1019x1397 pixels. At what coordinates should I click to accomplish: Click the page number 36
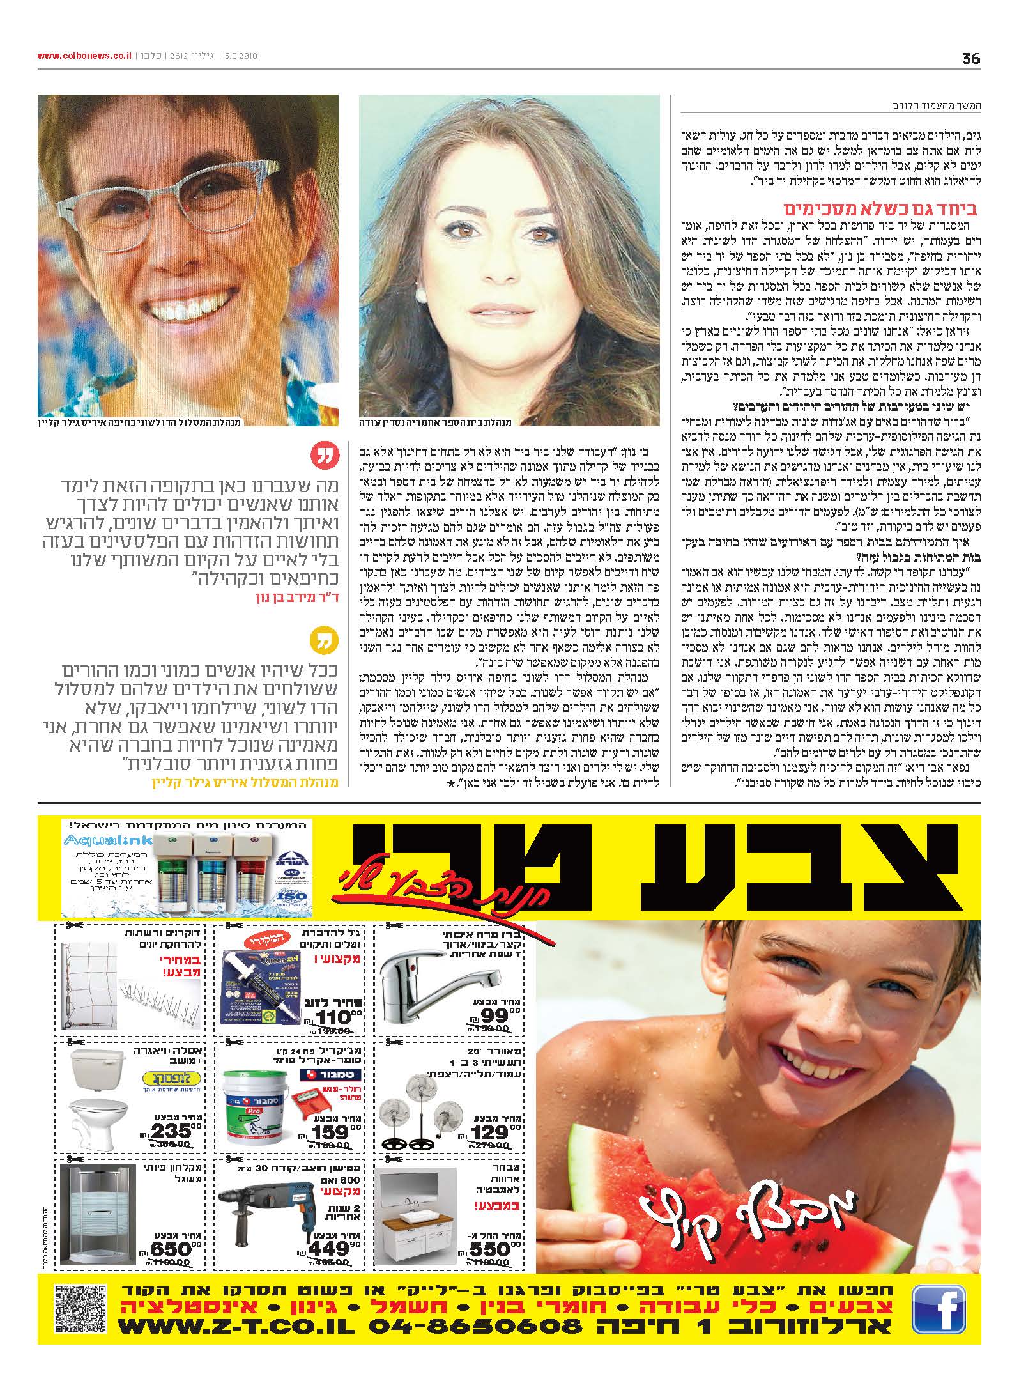970,58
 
